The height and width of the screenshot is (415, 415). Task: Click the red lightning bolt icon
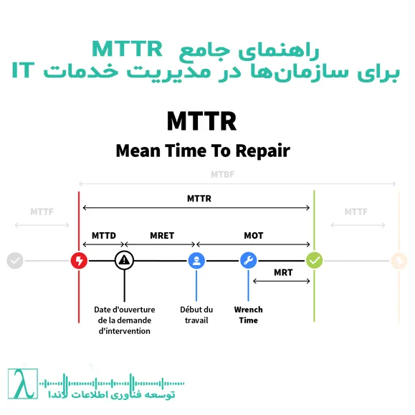pyautogui.click(x=79, y=260)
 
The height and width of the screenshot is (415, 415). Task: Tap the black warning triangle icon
pyautogui.click(x=124, y=260)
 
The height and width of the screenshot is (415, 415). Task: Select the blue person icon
pyautogui.click(x=196, y=260)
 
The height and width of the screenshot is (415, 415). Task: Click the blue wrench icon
pyautogui.click(x=249, y=260)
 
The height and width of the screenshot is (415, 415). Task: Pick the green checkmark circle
pyautogui.click(x=314, y=260)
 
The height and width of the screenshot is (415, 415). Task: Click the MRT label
pyautogui.click(x=282, y=272)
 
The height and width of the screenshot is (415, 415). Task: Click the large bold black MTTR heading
pyautogui.click(x=201, y=120)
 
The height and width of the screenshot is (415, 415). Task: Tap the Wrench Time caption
pyautogui.click(x=249, y=315)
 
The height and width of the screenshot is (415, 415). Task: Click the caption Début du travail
pyautogui.click(x=196, y=315)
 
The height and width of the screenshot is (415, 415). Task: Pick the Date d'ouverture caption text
pyautogui.click(x=125, y=320)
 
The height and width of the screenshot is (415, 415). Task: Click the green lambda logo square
pyautogui.click(x=23, y=385)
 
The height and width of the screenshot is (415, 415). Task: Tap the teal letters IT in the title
pyautogui.click(x=24, y=72)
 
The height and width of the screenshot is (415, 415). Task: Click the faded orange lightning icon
pyautogui.click(x=398, y=260)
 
